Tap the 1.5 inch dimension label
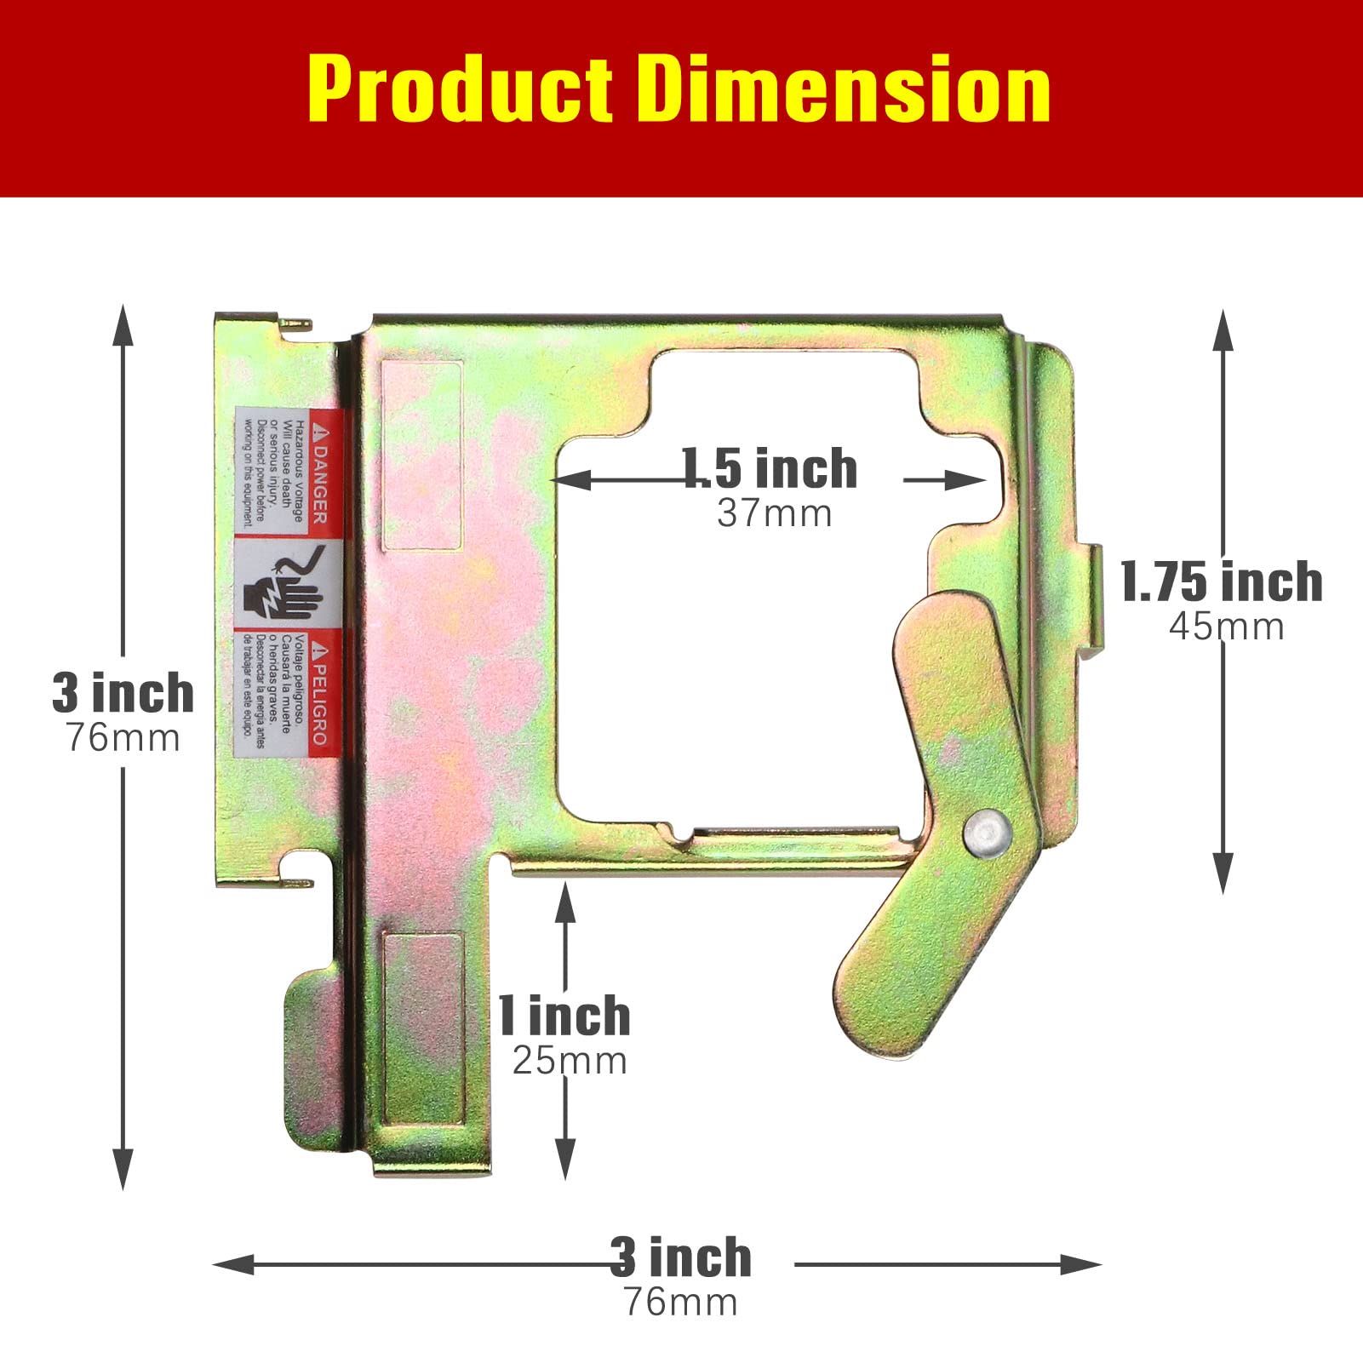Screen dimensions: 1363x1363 770,469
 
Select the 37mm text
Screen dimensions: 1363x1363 774,513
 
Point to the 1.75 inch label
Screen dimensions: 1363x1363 1221,582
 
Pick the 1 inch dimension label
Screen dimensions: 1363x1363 564,1016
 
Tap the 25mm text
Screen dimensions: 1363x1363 570,1061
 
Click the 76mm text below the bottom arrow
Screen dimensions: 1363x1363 680,1303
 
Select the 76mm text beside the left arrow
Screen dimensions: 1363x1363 123,738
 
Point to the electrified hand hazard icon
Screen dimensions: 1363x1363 285,586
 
